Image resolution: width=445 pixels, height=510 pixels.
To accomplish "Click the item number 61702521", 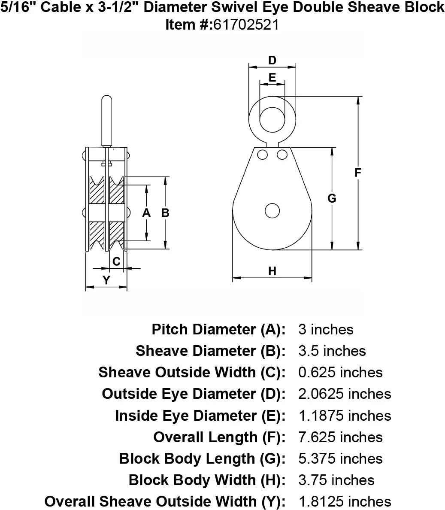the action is pyautogui.click(x=246, y=25).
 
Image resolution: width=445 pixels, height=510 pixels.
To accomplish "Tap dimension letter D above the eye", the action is pyautogui.click(x=272, y=61).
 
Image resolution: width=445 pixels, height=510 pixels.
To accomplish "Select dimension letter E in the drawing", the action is pyautogui.click(x=272, y=77).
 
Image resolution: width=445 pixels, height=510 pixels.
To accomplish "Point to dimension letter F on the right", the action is pyautogui.click(x=358, y=173).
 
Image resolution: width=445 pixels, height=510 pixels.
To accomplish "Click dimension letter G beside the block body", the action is pyautogui.click(x=332, y=198).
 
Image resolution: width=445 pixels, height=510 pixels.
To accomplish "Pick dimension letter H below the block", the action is pyautogui.click(x=272, y=271).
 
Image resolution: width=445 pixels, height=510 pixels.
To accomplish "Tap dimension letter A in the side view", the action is pyautogui.click(x=147, y=213).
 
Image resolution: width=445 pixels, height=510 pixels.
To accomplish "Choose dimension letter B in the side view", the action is pyautogui.click(x=165, y=213).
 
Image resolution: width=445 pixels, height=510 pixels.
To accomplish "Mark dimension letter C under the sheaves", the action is pyautogui.click(x=116, y=261).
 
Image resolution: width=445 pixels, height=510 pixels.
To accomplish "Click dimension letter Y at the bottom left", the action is pyautogui.click(x=106, y=280).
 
